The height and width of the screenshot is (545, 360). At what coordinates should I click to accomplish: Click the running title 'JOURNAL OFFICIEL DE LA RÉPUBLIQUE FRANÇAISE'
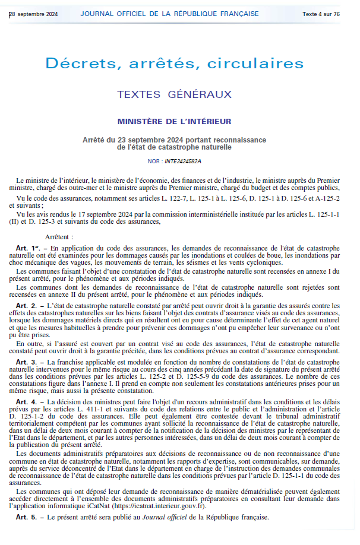[170, 14]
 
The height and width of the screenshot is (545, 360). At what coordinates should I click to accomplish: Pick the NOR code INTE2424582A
[183, 161]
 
